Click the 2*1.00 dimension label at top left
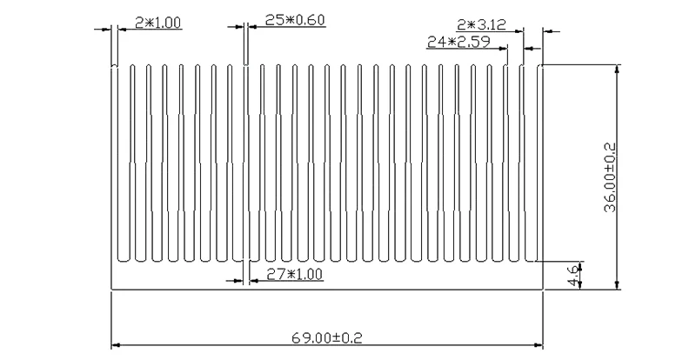tap(158, 23)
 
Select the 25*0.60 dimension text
tap(295, 20)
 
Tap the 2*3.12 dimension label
tap(481, 24)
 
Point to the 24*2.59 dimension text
tap(458, 42)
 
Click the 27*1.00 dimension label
tap(294, 274)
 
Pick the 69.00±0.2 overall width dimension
tap(327, 338)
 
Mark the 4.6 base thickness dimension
tap(573, 276)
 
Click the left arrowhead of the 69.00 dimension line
tap(116, 345)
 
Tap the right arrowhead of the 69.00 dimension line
tap(539, 345)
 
